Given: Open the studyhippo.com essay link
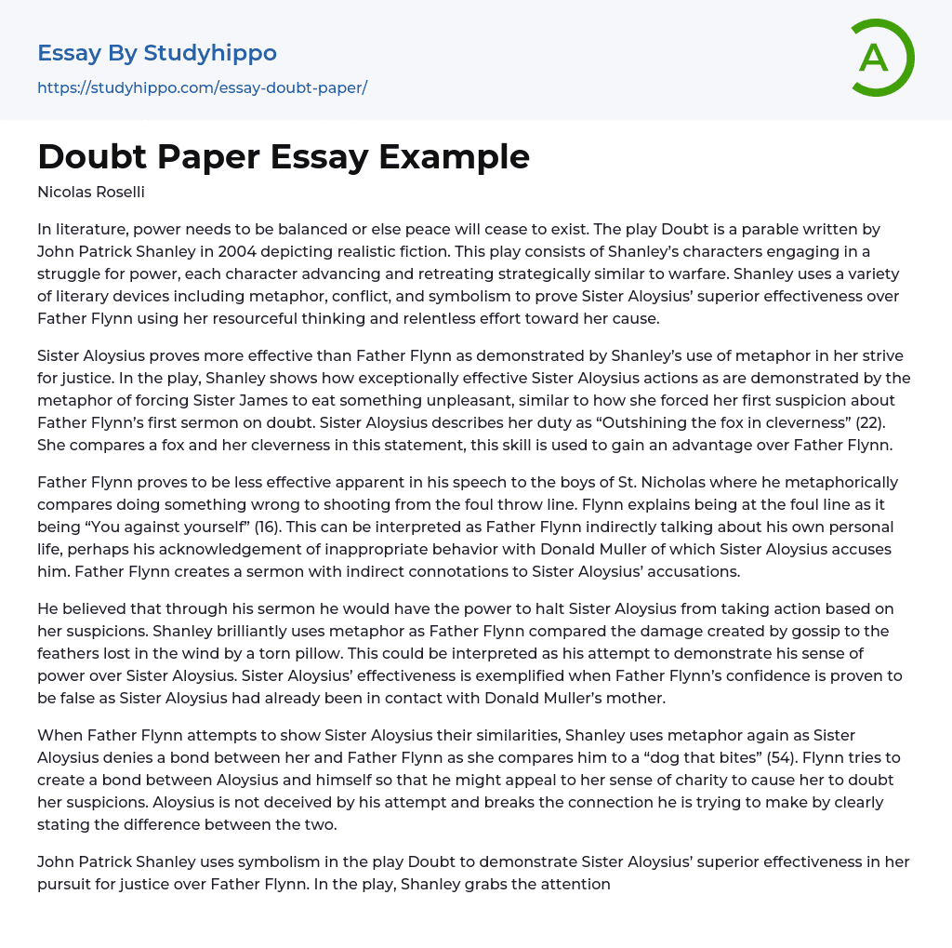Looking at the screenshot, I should [x=202, y=87].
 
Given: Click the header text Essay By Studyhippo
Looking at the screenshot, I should [x=157, y=53].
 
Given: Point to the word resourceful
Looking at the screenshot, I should [x=355, y=318].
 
